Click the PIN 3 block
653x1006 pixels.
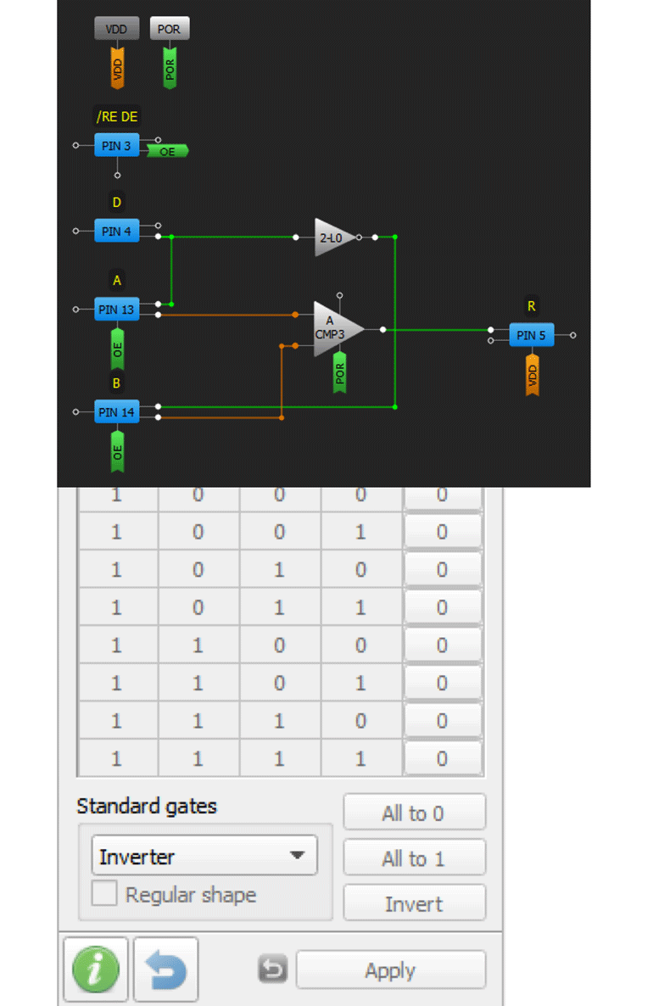pos(116,146)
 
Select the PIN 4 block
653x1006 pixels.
pos(116,231)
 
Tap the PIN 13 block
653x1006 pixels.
pos(116,310)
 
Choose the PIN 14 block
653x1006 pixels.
pos(116,412)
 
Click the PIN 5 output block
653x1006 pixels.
pos(531,335)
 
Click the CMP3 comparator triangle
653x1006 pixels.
pos(336,328)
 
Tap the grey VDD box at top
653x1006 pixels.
pos(116,29)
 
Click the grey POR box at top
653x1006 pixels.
pos(170,29)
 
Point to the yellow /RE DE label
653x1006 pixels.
pos(116,117)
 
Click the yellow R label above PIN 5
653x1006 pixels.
pos(532,306)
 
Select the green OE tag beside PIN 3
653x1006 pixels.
pos(167,151)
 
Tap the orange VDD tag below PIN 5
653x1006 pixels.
pos(533,374)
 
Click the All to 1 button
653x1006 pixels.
pos(414,858)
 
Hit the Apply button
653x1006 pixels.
pos(390,970)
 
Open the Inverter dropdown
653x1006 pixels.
pos(204,856)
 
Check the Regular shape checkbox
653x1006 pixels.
pos(104,894)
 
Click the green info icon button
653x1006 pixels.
pos(95,970)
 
